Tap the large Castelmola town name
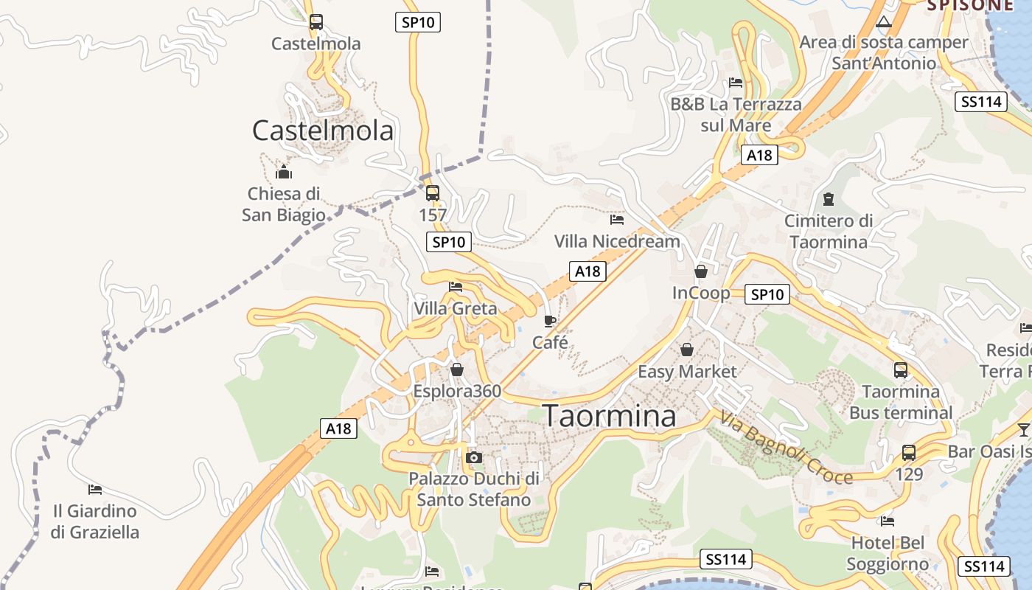click(323, 131)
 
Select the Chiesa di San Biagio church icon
click(284, 173)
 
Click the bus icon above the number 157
click(433, 193)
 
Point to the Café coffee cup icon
click(550, 321)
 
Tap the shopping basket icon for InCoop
click(701, 271)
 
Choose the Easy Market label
click(687, 371)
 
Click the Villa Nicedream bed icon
click(617, 220)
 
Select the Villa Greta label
click(456, 308)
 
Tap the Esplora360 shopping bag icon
click(457, 369)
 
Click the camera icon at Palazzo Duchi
click(474, 458)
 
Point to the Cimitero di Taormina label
click(829, 231)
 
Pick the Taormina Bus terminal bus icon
click(901, 370)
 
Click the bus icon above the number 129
click(909, 453)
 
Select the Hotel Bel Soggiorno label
click(888, 554)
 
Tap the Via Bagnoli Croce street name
click(786, 448)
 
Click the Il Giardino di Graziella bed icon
click(95, 490)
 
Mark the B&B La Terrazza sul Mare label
click(736, 114)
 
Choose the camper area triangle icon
click(884, 21)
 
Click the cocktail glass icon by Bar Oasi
click(1024, 430)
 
